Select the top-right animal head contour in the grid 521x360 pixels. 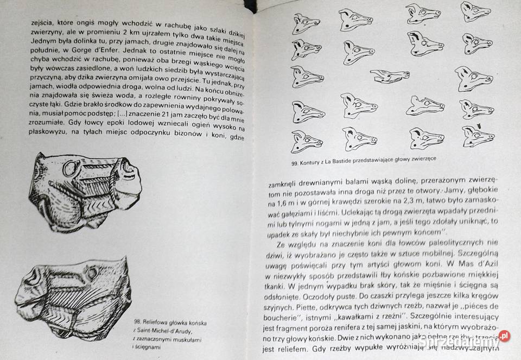click(x=475, y=11)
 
